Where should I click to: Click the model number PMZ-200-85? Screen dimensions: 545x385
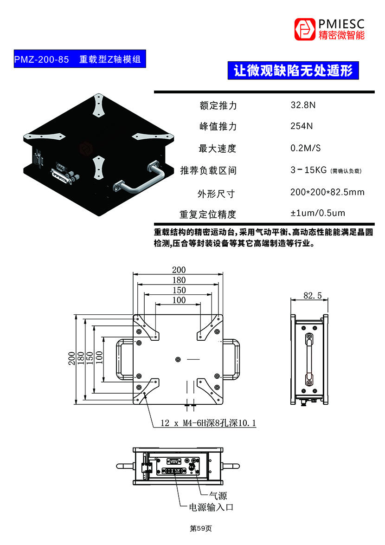pyautogui.click(x=42, y=59)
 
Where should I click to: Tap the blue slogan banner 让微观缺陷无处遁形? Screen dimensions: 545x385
pyautogui.click(x=293, y=71)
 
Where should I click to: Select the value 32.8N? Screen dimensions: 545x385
pyautogui.click(x=303, y=105)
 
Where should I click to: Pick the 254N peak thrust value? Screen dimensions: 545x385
pyautogui.click(x=302, y=126)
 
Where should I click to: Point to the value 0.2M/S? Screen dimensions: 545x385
pyautogui.click(x=305, y=148)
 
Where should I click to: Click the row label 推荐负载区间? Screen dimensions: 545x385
pyautogui.click(x=208, y=170)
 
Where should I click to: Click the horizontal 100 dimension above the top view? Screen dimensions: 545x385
pyautogui.click(x=179, y=300)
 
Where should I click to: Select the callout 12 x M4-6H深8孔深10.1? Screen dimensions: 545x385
pyautogui.click(x=208, y=423)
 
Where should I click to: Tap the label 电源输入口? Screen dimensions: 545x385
pyautogui.click(x=210, y=507)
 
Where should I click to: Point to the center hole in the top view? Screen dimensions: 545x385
pyautogui.click(x=179, y=359)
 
